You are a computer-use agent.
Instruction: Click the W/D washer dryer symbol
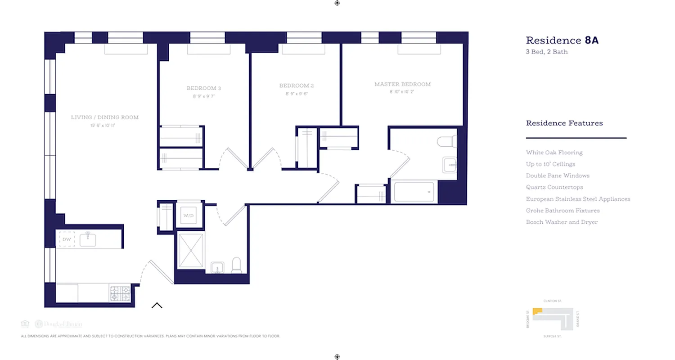point(188,216)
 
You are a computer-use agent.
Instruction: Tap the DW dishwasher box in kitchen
point(67,239)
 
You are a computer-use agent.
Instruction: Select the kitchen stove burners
point(120,293)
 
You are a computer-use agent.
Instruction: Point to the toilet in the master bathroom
point(447,141)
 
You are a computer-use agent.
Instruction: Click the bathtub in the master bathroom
point(414,192)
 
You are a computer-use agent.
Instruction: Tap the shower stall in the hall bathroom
point(191,251)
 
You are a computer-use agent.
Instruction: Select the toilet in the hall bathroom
point(237,265)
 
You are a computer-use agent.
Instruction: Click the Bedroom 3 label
point(204,88)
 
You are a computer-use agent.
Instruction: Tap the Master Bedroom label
point(402,84)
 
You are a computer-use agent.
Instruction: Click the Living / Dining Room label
point(105,117)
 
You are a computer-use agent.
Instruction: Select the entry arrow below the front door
point(157,306)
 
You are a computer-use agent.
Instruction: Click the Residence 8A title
point(562,40)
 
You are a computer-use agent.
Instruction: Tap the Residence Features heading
point(564,123)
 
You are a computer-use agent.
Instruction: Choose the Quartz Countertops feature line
point(554,187)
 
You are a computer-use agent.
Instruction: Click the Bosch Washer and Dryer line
point(562,222)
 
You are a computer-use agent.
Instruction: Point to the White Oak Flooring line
point(554,153)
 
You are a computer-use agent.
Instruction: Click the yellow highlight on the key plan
point(537,311)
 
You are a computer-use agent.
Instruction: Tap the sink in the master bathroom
point(450,165)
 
